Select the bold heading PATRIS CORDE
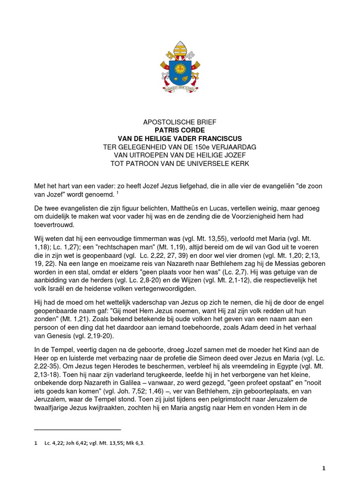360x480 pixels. click(x=180, y=130)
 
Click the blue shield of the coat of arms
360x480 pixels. click(x=180, y=70)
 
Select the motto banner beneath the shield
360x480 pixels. click(x=180, y=88)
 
